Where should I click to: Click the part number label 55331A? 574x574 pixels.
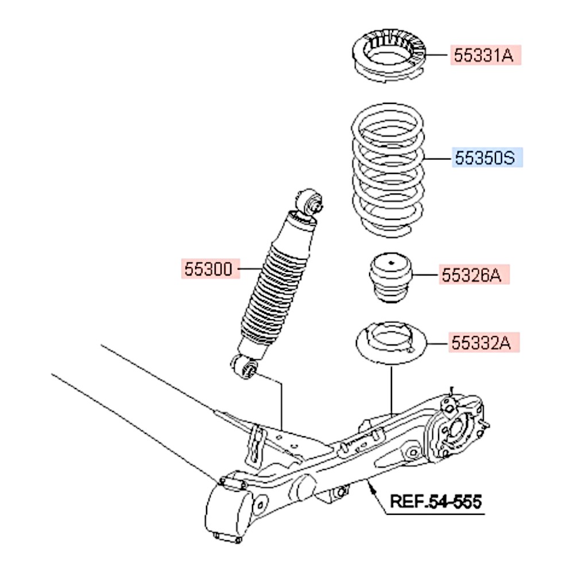click(x=485, y=55)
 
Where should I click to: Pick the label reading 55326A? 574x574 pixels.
click(x=474, y=276)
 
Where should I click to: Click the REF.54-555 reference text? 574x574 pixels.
click(x=436, y=501)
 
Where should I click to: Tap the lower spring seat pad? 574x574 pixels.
click(x=390, y=345)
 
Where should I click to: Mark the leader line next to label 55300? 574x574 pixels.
click(x=250, y=269)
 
